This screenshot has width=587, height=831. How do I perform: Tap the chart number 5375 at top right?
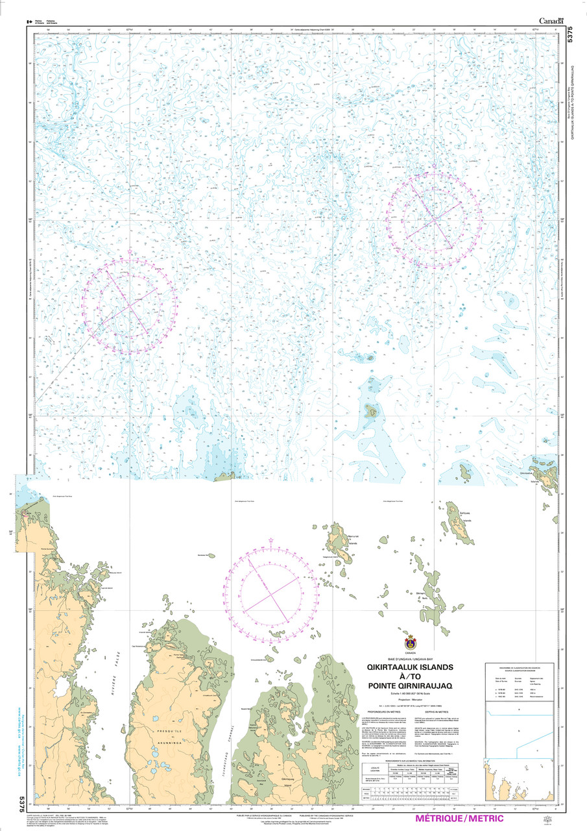(569, 35)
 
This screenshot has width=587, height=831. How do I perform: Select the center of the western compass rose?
(130, 305)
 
